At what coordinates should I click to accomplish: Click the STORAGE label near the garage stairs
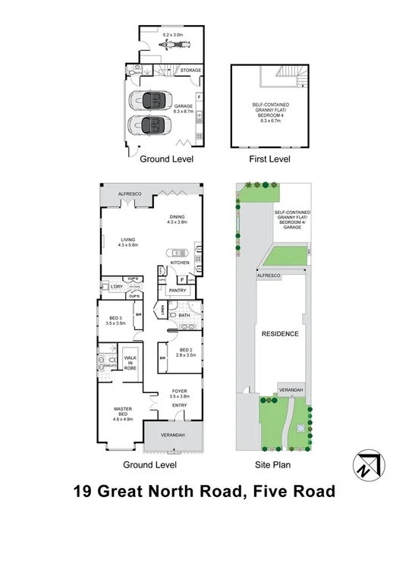coord(190,70)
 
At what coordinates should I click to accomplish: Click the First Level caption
coord(269,159)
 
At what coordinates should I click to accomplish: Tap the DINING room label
coord(176,218)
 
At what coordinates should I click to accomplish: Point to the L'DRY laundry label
coord(116,286)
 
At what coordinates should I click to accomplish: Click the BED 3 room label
coord(116,319)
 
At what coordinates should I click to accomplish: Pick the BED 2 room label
coord(186,352)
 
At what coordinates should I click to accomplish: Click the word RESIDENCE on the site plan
coord(280,334)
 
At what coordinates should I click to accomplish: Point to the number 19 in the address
coord(84,492)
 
